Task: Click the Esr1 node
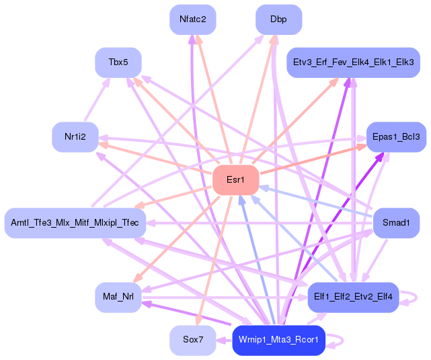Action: coord(236,180)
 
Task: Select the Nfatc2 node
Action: coord(193,19)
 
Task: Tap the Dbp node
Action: coord(279,19)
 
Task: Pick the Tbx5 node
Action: coord(118,62)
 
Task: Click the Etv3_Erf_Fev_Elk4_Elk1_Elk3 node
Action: coord(353,62)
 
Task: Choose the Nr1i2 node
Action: coord(75,137)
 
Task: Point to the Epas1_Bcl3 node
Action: coord(396,137)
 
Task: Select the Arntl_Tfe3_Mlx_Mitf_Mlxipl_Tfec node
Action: coord(75,223)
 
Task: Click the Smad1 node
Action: coord(396,223)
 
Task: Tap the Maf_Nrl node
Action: coord(118,297)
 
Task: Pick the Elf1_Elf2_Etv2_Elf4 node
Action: coord(353,297)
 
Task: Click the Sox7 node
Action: coord(193,340)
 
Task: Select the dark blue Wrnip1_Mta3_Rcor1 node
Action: coord(279,340)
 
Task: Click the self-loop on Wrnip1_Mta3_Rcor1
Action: coord(343,341)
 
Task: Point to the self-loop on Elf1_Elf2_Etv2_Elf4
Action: coord(416,298)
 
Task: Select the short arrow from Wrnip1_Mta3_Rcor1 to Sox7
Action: coord(224,341)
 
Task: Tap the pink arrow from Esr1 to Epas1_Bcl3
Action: coord(313,159)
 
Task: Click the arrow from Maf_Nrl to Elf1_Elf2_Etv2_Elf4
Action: coord(225,298)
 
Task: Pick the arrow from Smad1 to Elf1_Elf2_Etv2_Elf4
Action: coord(375,261)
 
